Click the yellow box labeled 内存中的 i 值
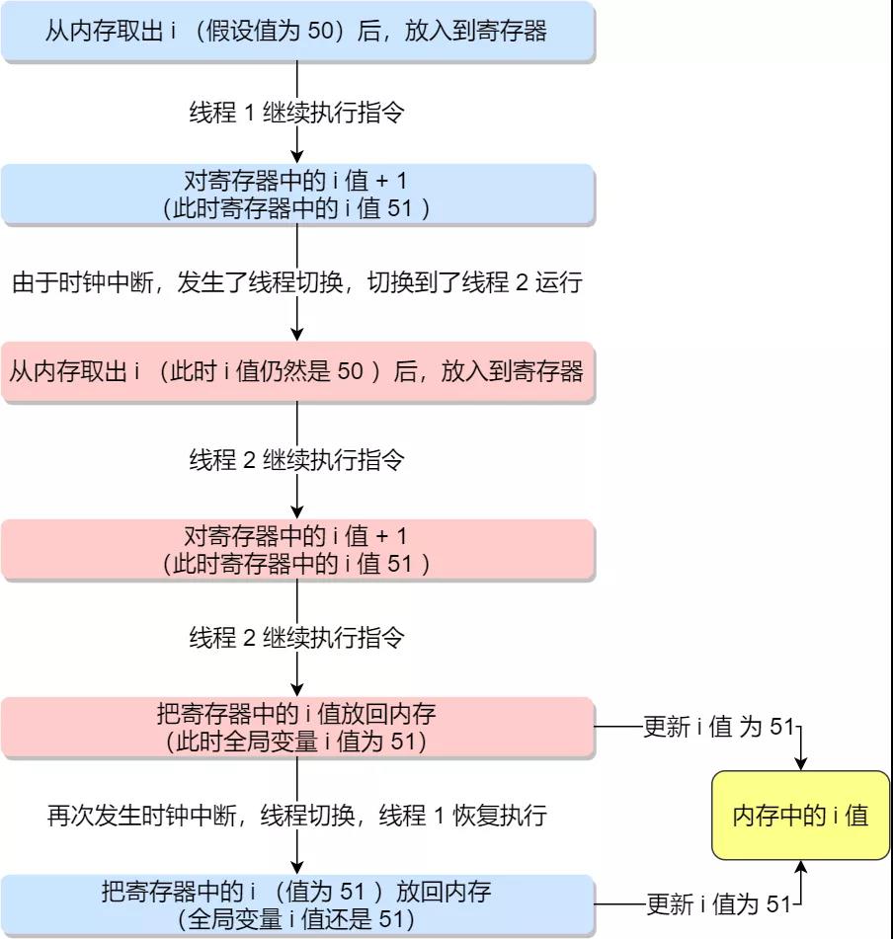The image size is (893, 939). pos(801,816)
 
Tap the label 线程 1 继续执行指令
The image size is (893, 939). pos(296,113)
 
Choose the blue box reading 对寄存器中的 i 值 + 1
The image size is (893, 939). pos(297,194)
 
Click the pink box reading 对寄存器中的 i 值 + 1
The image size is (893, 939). pos(297,549)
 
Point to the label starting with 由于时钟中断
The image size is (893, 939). pos(297,283)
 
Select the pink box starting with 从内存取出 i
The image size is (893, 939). pos(297,371)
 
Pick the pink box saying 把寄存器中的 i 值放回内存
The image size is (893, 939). pos(297,727)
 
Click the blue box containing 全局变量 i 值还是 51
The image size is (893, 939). pos(297,904)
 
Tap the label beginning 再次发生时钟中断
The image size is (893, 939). pos(297,817)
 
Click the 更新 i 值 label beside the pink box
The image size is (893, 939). pos(718,728)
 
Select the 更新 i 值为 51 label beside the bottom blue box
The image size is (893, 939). pos(718,904)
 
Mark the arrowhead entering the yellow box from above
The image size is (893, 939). pos(801,763)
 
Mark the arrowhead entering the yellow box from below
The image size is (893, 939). pos(801,868)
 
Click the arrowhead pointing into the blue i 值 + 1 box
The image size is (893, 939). pos(297,157)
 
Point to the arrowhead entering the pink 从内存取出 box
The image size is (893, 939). pos(297,335)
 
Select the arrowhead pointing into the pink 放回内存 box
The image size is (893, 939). pos(297,690)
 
